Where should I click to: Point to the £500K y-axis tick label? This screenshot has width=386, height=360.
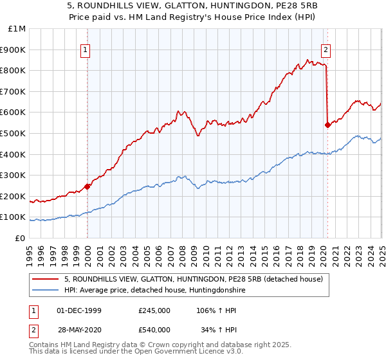(15, 133)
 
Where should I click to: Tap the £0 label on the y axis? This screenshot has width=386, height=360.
(21, 238)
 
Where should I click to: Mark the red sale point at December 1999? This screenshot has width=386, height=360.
(87, 186)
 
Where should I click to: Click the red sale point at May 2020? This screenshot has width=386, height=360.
(327, 125)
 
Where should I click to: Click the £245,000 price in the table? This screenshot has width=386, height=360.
(154, 310)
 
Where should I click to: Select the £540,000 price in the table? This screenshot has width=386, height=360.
(154, 330)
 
